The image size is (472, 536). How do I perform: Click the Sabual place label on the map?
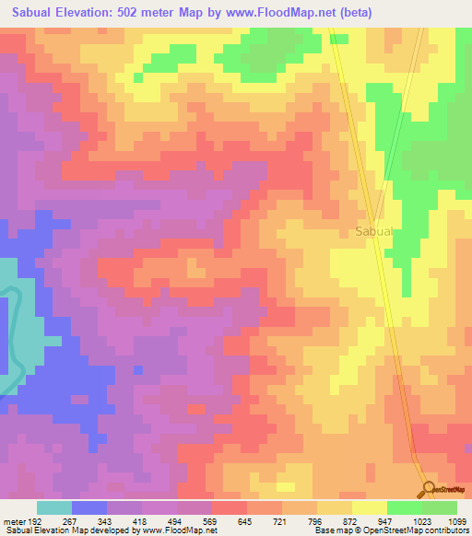[374, 232]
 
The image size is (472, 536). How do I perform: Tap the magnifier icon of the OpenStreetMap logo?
[429, 490]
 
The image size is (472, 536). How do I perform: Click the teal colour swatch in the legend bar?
[54, 507]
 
